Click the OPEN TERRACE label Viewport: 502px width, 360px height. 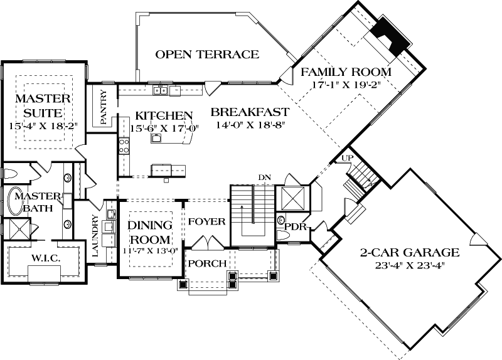[x=207, y=55]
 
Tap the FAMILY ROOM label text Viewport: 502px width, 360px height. [x=345, y=72]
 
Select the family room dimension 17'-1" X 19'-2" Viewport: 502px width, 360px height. [x=346, y=85]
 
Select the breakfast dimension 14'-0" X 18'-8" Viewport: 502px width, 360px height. [x=249, y=125]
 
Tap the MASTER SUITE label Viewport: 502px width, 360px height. [x=42, y=106]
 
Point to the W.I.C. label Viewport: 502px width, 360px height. [x=42, y=258]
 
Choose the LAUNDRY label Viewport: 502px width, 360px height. [x=96, y=236]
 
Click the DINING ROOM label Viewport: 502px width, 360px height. [x=149, y=233]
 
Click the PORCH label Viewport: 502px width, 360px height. [x=207, y=263]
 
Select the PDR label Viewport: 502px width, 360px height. [x=294, y=226]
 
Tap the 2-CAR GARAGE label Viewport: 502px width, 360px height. [x=409, y=253]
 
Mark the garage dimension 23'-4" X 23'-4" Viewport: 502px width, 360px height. [x=409, y=266]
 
